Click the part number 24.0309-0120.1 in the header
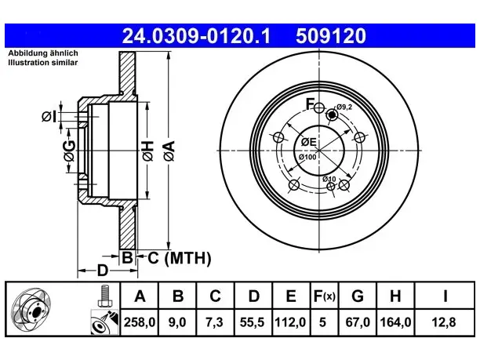pyautogui.click(x=196, y=36)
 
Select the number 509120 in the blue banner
pyautogui.click(x=331, y=36)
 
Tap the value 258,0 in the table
pyautogui.click(x=140, y=322)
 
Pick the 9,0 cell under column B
pyautogui.click(x=177, y=322)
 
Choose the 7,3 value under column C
pyautogui.click(x=214, y=322)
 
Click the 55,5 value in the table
pyautogui.click(x=253, y=322)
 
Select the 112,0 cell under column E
pyautogui.click(x=290, y=322)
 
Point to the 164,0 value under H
pyautogui.click(x=395, y=322)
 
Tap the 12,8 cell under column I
pyautogui.click(x=444, y=322)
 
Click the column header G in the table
pyautogui.click(x=358, y=296)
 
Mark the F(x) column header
pyautogui.click(x=325, y=296)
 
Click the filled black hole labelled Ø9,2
pyautogui.click(x=332, y=115)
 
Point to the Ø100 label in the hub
pyautogui.click(x=307, y=157)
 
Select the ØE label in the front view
pyautogui.click(x=308, y=142)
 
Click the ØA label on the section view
pyautogui.click(x=169, y=151)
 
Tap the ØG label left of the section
pyautogui.click(x=70, y=151)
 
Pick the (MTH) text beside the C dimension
pyautogui.click(x=187, y=258)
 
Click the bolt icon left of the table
pyautogui.click(x=104, y=296)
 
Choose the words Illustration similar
pyautogui.click(x=43, y=63)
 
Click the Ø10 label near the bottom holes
pyautogui.click(x=329, y=179)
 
